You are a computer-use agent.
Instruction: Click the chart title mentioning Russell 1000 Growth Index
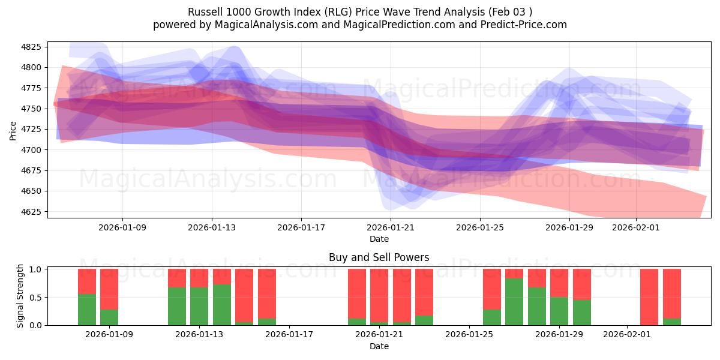tap(360, 11)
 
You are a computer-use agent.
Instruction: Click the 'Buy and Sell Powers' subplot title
tap(379, 257)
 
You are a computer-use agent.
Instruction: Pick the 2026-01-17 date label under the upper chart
tap(301, 228)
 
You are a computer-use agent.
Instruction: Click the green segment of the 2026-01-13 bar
tap(199, 306)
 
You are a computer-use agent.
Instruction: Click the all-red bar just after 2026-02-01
tap(649, 297)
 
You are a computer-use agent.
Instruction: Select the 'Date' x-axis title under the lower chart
tap(379, 346)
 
